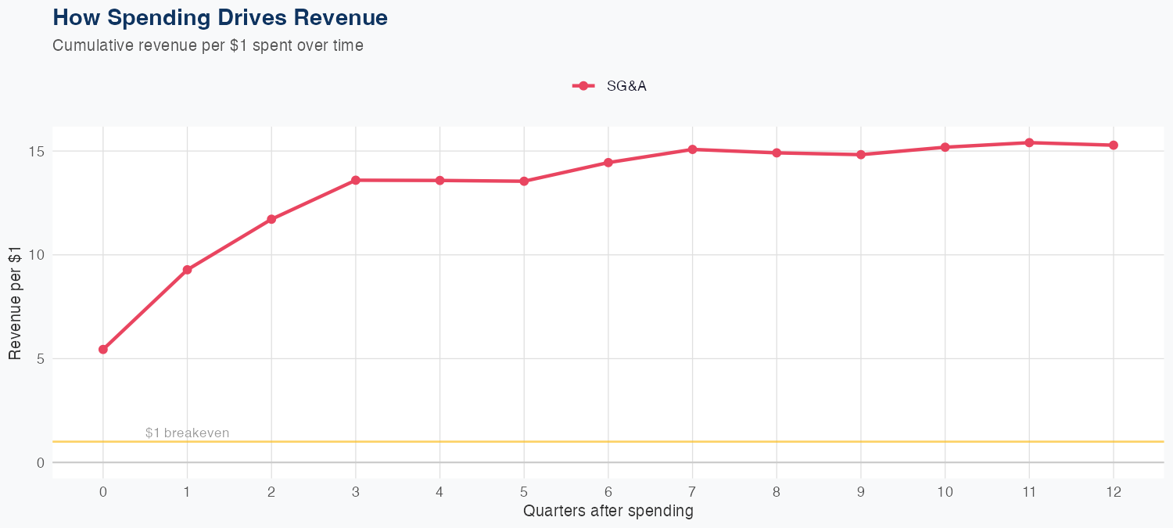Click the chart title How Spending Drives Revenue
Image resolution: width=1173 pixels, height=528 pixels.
[x=220, y=17]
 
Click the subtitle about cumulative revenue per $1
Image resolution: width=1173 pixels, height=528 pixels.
[x=208, y=45]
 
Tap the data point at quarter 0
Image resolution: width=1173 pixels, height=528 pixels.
[x=103, y=350]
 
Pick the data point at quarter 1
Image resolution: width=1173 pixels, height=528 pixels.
[x=187, y=270]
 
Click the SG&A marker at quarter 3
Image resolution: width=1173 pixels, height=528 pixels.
[x=356, y=180]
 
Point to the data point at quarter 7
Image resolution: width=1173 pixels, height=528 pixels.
[x=693, y=149]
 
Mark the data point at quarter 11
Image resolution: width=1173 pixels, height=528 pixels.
[x=1029, y=142]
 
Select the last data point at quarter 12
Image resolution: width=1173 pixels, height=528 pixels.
[x=1114, y=145]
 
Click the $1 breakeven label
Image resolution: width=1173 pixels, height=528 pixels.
[x=188, y=433]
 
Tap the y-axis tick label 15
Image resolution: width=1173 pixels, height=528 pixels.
[x=38, y=151]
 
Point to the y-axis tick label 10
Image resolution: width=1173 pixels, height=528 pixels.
[x=38, y=255]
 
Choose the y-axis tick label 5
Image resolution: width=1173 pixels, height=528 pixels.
[x=41, y=359]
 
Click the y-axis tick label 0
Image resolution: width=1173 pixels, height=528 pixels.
[x=41, y=463]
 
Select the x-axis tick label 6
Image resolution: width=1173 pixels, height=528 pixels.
[x=608, y=492]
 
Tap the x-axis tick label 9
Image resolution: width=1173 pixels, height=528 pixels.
[x=861, y=492]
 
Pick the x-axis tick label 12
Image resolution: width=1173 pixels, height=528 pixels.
[x=1114, y=492]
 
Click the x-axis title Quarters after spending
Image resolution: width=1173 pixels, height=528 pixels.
[x=608, y=512]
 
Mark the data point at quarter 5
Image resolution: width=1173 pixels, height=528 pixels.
[x=524, y=181]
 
